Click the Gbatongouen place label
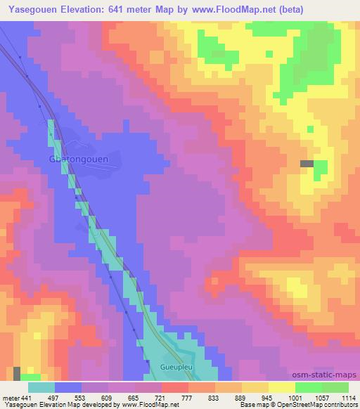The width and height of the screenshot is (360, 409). click(x=78, y=159)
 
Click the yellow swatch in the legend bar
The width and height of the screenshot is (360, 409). click(x=281, y=387)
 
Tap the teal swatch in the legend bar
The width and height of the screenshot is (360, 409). click(x=41, y=387)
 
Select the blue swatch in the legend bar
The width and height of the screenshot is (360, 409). click(x=68, y=387)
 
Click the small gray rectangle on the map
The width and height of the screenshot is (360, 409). click(x=307, y=164)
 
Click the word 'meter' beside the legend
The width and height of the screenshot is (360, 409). click(x=10, y=398)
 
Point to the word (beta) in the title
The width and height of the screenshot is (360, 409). click(x=340, y=10)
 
